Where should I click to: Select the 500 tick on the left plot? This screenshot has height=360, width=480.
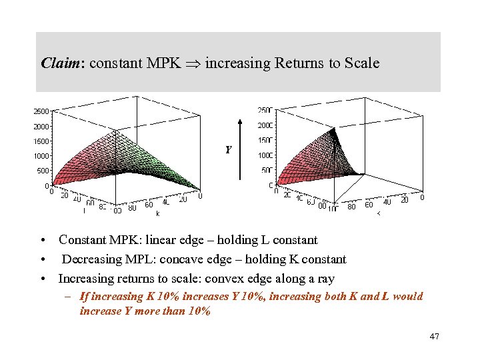[43, 171]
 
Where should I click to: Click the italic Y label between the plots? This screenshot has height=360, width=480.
[228, 151]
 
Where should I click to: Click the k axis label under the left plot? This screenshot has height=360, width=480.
[157, 214]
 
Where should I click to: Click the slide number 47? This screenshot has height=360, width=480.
[435, 337]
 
